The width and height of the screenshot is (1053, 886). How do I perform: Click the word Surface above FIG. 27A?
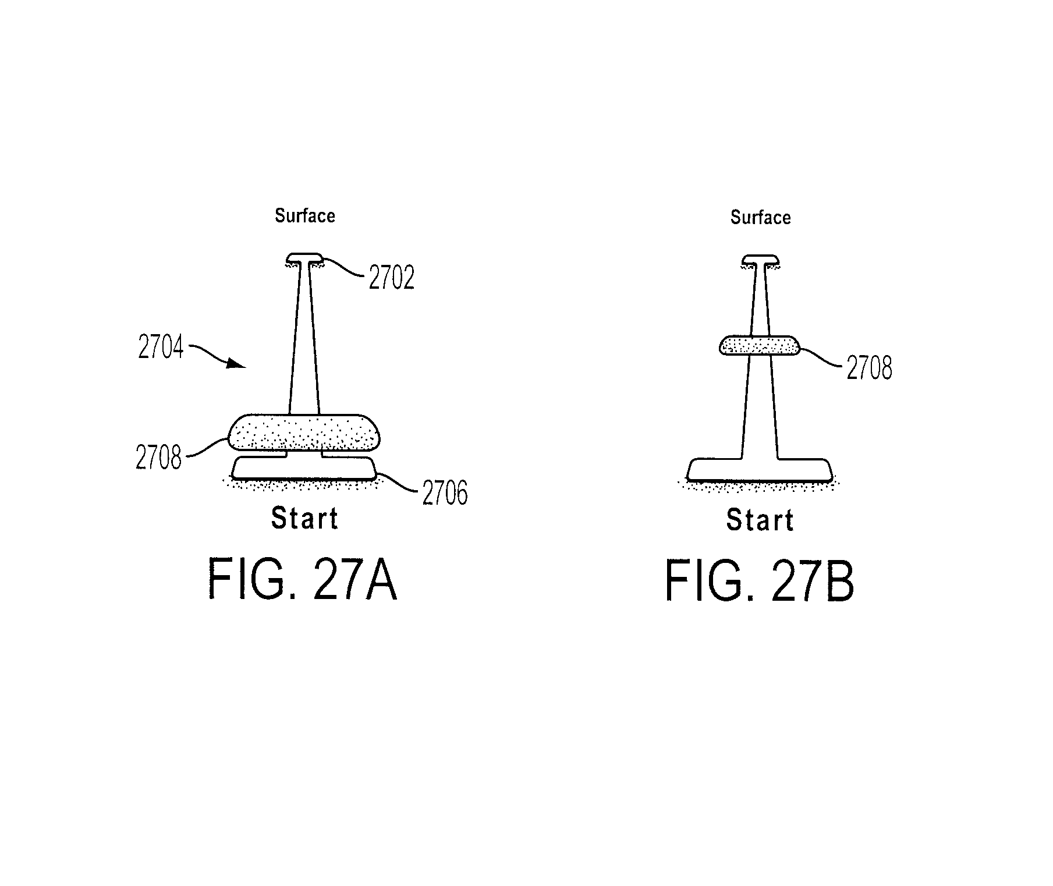point(305,216)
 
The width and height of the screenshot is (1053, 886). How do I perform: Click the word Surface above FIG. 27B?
point(761,218)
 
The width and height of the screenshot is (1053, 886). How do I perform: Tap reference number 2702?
point(392,278)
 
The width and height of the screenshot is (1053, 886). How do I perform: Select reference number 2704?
point(161,347)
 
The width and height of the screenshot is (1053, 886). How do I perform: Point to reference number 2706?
point(445,493)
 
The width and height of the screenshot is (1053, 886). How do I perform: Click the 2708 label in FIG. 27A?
point(158,458)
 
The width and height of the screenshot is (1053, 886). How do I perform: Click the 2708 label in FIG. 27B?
point(869,368)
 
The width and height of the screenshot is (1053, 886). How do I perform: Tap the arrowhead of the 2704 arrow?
point(237,364)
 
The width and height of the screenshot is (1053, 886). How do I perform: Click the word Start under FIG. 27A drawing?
point(304,519)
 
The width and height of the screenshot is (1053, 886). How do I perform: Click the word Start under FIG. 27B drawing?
point(760,520)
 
